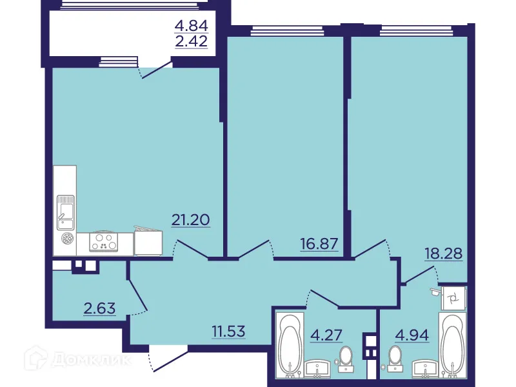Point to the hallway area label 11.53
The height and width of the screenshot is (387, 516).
(x=233, y=333)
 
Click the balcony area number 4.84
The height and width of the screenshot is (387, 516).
(x=191, y=26)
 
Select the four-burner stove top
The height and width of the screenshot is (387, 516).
(x=104, y=242)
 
